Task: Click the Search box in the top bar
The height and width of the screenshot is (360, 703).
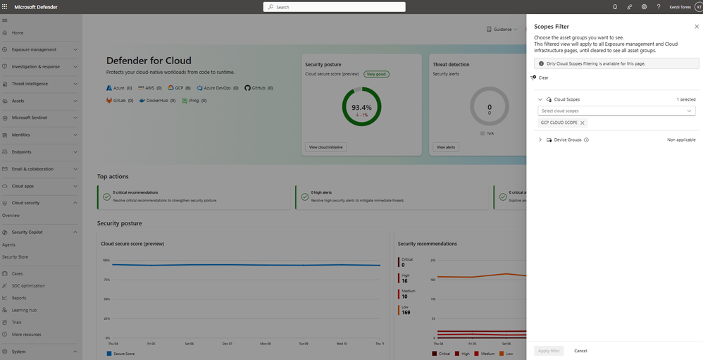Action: click(335, 7)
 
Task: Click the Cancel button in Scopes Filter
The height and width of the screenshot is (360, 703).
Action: click(580, 350)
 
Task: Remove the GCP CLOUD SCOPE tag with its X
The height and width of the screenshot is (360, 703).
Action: click(582, 123)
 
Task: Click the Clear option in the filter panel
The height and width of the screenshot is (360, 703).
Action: click(543, 77)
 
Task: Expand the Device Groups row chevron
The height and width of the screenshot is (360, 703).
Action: click(540, 139)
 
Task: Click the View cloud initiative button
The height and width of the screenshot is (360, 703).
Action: click(325, 147)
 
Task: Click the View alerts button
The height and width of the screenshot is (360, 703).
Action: click(446, 147)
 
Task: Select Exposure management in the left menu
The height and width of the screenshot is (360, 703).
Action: click(34, 49)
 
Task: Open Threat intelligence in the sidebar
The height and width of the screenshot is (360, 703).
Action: click(30, 84)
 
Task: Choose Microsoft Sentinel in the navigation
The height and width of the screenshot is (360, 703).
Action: click(30, 118)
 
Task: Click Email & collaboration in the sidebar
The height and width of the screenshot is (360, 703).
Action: click(32, 169)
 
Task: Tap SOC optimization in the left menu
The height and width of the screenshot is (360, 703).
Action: click(28, 285)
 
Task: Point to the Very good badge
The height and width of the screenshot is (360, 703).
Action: click(377, 73)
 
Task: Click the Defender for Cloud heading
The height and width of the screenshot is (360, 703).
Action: click(149, 61)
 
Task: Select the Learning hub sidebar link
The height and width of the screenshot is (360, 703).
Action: click(24, 310)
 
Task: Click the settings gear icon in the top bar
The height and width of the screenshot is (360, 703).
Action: click(644, 7)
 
